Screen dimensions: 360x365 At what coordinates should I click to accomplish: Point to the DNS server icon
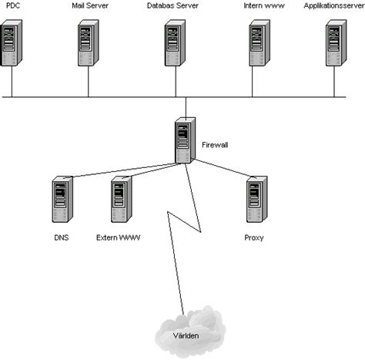(x=62, y=201)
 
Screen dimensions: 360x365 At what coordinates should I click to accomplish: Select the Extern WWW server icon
(x=120, y=201)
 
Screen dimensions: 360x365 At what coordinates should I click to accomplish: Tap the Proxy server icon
(x=254, y=201)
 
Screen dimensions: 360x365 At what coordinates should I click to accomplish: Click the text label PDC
(x=12, y=5)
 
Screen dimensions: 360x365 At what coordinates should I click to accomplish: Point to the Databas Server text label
(x=174, y=5)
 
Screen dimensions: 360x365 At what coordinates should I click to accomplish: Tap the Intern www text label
(x=258, y=5)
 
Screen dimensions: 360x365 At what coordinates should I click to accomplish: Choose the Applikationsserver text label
(x=333, y=5)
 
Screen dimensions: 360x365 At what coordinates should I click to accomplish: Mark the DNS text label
(x=62, y=237)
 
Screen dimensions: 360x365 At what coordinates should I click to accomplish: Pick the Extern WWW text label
(x=119, y=237)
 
